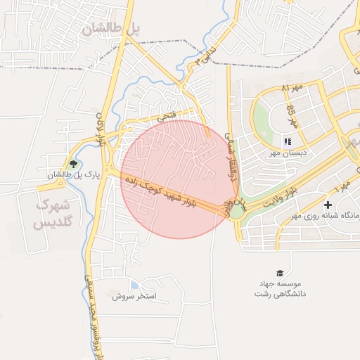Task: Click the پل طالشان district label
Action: pyautogui.click(x=111, y=28)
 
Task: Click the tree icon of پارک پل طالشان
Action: pyautogui.click(x=73, y=164)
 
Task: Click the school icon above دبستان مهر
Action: pyautogui.click(x=288, y=141)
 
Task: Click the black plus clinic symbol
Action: pyautogui.click(x=327, y=205)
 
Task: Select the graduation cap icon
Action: pyautogui.click(x=280, y=273)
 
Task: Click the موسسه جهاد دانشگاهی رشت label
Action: pyautogui.click(x=281, y=288)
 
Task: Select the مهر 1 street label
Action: pyautogui.click(x=344, y=186)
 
